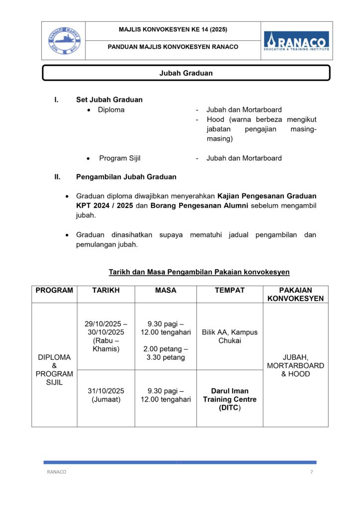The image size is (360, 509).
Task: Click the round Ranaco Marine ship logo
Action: click(x=63, y=40)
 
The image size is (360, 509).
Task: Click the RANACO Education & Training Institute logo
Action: click(x=296, y=40)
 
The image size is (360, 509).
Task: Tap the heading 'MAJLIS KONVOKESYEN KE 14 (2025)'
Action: click(x=173, y=30)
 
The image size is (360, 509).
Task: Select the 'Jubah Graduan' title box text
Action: click(x=186, y=73)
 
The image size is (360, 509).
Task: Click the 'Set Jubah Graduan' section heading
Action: click(x=109, y=99)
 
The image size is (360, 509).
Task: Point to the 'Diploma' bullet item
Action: click(x=111, y=109)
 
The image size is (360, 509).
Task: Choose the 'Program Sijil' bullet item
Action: click(x=119, y=158)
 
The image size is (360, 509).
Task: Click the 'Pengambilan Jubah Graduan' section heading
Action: click(x=126, y=176)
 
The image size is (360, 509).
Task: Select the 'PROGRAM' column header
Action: click(x=54, y=290)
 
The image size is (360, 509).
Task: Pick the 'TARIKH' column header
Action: click(x=106, y=290)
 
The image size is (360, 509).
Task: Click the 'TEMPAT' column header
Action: click(x=229, y=290)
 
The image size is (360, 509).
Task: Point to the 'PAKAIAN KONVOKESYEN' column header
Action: click(x=295, y=294)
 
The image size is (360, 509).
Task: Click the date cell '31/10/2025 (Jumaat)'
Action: click(x=106, y=395)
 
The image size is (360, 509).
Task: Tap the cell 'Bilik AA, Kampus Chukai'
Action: click(x=229, y=336)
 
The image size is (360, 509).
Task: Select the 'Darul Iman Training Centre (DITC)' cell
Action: click(x=229, y=399)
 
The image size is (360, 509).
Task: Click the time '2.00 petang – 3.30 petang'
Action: click(x=166, y=353)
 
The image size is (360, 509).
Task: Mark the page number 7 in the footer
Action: click(x=311, y=472)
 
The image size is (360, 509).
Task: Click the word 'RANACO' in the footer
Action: click(x=56, y=472)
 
